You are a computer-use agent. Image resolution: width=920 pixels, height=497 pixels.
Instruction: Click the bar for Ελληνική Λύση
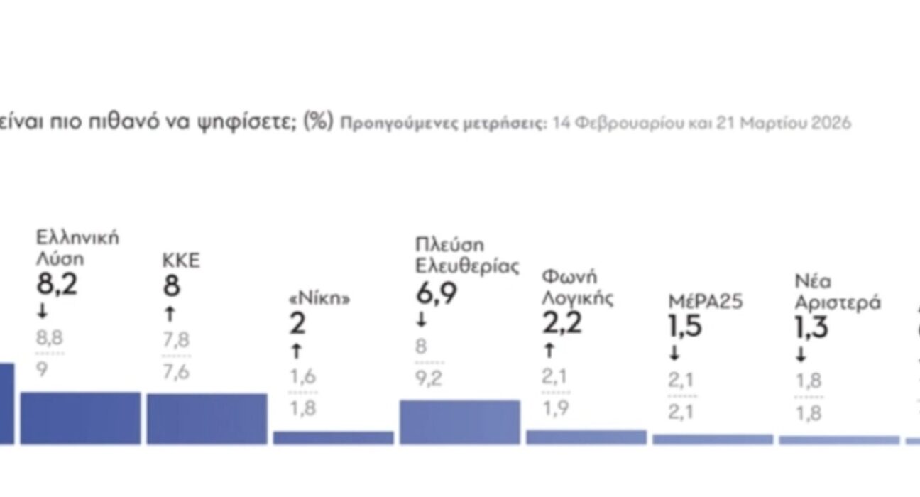[80, 418]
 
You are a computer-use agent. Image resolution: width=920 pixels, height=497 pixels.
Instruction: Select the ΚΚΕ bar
[207, 419]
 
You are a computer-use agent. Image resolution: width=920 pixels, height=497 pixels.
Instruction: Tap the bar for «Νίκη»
[333, 437]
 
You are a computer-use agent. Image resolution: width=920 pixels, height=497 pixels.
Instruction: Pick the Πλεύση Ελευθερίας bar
[459, 422]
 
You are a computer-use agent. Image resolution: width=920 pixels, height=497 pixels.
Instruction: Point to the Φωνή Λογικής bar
[586, 437]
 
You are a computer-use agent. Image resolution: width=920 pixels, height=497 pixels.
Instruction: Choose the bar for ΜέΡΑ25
[712, 439]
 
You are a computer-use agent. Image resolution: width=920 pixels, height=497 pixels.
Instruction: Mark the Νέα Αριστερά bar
[838, 440]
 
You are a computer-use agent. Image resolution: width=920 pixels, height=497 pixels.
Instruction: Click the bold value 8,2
[57, 285]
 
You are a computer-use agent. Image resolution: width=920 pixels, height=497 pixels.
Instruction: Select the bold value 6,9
[437, 294]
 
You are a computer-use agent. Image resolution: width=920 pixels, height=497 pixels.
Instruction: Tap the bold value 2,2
[562, 324]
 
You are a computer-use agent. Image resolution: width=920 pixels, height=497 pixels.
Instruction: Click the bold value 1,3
[812, 329]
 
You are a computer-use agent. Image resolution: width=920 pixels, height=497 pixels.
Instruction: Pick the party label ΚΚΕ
[181, 261]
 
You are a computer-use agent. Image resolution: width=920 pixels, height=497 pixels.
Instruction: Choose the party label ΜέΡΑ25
[705, 302]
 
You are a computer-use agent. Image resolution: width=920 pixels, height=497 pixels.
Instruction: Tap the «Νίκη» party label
[319, 299]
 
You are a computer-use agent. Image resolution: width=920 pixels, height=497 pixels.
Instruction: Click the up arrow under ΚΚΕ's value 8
[169, 314]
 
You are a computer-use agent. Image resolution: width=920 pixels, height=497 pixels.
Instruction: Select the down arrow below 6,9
[422, 321]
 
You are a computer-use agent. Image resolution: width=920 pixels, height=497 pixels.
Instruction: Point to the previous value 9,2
[428, 378]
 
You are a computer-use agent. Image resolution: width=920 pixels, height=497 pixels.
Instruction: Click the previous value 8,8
[50, 338]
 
